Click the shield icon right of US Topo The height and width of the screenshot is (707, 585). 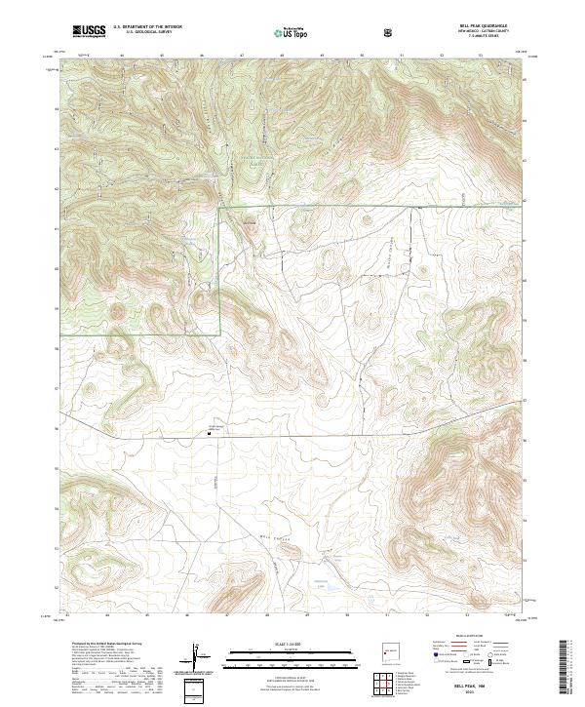pyautogui.click(x=389, y=32)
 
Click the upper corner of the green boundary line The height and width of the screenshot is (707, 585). pyautogui.click(x=220, y=208)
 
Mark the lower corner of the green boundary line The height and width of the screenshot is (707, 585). pyautogui.click(x=220, y=334)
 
